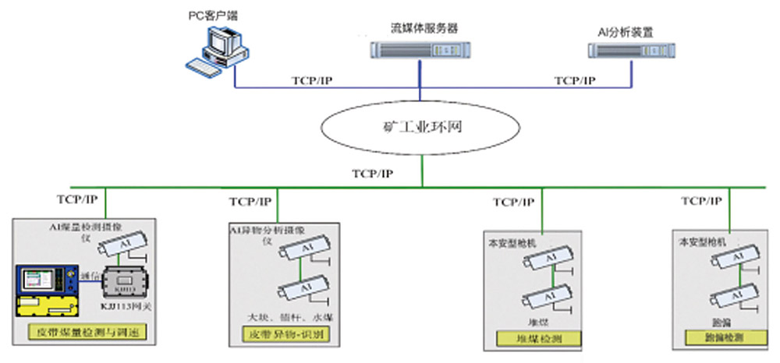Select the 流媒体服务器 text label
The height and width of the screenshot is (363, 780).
[x=424, y=28]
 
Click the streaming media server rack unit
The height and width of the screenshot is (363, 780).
[x=421, y=51]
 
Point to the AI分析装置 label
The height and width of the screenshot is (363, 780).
[x=629, y=32]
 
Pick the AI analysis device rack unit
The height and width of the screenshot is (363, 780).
[x=631, y=51]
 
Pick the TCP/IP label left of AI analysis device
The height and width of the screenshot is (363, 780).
[x=575, y=80]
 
